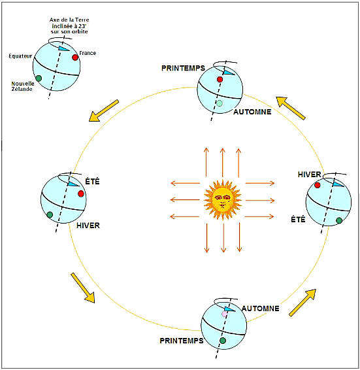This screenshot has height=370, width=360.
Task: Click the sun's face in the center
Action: [x=222, y=200]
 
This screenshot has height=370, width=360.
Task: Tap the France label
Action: [x=88, y=53]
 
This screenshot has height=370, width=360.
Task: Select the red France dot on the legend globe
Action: [x=75, y=58]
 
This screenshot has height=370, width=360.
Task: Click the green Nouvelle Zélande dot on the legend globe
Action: [x=39, y=78]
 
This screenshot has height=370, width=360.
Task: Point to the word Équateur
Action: [x=20, y=56]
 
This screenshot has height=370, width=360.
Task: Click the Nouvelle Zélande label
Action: [x=23, y=86]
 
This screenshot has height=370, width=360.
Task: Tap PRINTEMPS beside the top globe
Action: [x=183, y=68]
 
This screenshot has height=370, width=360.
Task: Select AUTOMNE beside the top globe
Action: [x=252, y=112]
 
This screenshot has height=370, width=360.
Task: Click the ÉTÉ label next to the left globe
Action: [x=93, y=182]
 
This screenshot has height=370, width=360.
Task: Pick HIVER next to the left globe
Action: [x=88, y=226]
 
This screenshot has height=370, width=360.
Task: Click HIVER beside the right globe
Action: [x=309, y=175]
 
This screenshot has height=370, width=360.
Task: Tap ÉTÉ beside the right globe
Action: [x=298, y=220]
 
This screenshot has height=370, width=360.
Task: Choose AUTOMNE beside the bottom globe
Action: [x=260, y=309]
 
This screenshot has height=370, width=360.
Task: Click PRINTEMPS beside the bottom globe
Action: [x=182, y=341]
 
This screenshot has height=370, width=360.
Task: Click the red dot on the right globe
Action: [x=318, y=185]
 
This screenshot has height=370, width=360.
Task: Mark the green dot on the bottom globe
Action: [x=223, y=341]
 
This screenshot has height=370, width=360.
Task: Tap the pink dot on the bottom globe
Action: [x=224, y=314]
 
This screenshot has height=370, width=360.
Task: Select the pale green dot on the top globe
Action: [x=220, y=103]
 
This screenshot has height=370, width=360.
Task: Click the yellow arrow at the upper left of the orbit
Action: [x=104, y=110]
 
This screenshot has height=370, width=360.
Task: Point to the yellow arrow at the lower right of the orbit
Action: [x=303, y=303]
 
